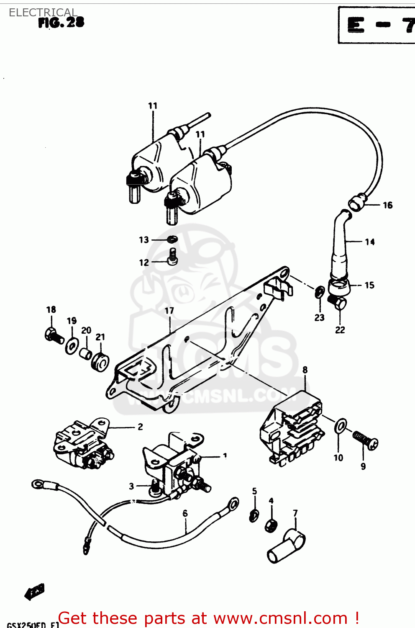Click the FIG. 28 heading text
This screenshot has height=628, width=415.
(61, 23)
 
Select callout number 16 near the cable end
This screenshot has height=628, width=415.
(387, 205)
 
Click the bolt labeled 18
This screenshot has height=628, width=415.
(53, 335)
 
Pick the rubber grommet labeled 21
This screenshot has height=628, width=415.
(100, 362)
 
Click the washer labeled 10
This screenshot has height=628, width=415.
(340, 427)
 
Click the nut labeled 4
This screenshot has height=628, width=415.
(271, 525)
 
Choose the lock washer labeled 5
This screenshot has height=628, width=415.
(254, 516)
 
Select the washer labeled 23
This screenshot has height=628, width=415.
(319, 292)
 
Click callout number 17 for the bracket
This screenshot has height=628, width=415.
(169, 311)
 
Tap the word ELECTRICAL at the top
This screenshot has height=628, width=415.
(43, 13)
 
